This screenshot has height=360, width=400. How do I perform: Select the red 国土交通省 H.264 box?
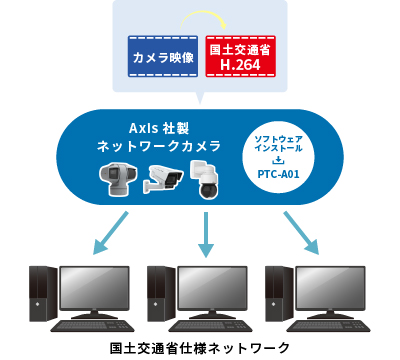tap(240, 57)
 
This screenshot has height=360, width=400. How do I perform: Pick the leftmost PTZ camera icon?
tap(118, 177)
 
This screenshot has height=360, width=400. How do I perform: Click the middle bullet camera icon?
tap(163, 177)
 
